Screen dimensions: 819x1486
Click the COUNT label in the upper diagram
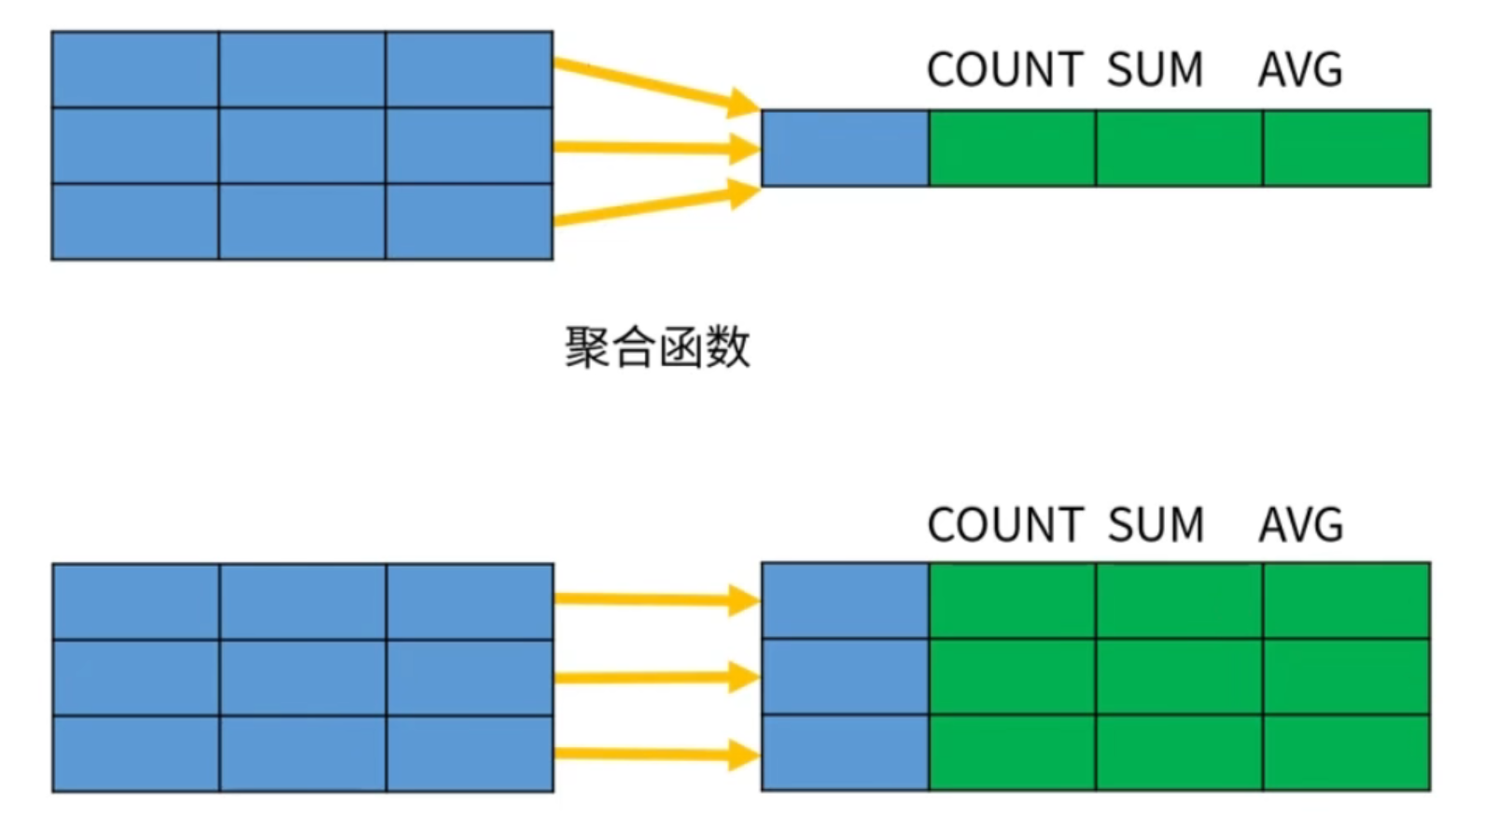pos(1004,70)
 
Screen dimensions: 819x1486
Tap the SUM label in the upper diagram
pos(1155,70)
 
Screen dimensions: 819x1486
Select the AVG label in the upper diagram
pos(1300,70)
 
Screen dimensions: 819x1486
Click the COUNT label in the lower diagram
pos(1004,525)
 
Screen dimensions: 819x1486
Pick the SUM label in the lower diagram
pos(1156,525)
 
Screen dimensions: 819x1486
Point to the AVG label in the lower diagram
pos(1300,525)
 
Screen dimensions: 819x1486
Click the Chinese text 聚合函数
pos(658,347)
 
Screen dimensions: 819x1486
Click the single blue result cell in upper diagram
pos(845,148)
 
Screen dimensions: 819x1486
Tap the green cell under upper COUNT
pos(1012,148)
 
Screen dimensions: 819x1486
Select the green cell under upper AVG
pos(1346,148)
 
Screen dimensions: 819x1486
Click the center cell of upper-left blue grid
pos(301,146)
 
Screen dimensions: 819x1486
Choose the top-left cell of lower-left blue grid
pos(136,601)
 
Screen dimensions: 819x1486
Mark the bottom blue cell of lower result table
pos(845,753)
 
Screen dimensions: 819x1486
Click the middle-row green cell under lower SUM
pos(1179,677)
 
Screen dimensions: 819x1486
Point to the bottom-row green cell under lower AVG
pos(1346,753)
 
